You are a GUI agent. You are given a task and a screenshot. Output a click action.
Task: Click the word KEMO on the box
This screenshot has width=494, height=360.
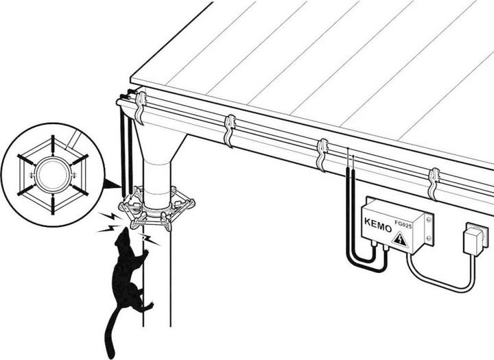(378, 224)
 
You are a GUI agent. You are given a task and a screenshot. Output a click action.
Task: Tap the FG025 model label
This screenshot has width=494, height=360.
(403, 224)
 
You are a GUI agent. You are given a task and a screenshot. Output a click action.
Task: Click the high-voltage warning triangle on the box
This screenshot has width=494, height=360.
(400, 240)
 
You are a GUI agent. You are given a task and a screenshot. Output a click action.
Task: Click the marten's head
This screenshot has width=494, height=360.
(123, 237)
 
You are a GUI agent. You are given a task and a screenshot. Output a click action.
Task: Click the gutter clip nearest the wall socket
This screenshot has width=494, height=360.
(434, 184)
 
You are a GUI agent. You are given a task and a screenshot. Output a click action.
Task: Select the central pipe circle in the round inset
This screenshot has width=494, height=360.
(52, 174)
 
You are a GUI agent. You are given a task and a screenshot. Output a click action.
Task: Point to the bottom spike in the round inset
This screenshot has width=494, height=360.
(53, 204)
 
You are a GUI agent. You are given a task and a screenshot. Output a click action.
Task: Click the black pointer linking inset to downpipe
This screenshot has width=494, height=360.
(112, 184)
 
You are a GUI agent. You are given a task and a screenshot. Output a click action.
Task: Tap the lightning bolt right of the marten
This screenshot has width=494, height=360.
(148, 239)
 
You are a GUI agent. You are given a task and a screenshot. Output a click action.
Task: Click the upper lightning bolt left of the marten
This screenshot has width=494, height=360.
(110, 217)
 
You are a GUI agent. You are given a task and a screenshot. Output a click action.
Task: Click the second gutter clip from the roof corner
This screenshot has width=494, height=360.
(231, 131)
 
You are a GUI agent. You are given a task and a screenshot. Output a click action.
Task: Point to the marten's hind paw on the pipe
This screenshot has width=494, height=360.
(148, 306)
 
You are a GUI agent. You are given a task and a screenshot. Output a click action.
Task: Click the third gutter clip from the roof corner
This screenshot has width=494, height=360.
(322, 155)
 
